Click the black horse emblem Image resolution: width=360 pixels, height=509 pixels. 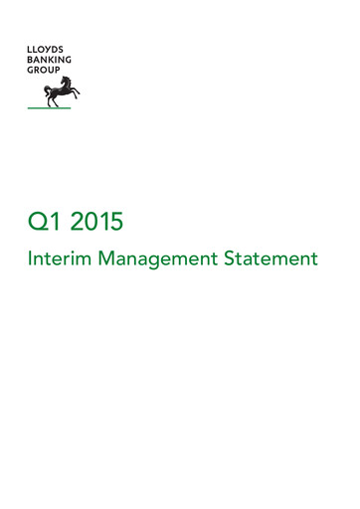[61, 90]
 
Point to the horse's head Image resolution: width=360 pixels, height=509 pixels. [72, 81]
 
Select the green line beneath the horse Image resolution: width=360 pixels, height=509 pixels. [48, 107]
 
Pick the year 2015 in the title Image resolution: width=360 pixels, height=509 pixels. [96, 218]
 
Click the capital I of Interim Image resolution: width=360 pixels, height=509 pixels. [32, 259]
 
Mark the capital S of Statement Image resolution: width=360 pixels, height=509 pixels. [235, 259]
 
